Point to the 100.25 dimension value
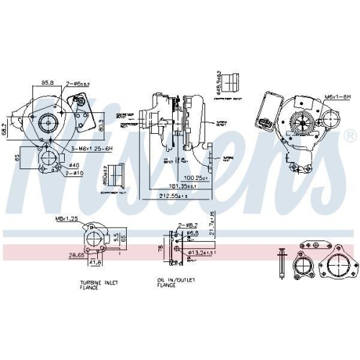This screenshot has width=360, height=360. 194,176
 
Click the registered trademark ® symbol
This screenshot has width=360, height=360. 349,135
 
